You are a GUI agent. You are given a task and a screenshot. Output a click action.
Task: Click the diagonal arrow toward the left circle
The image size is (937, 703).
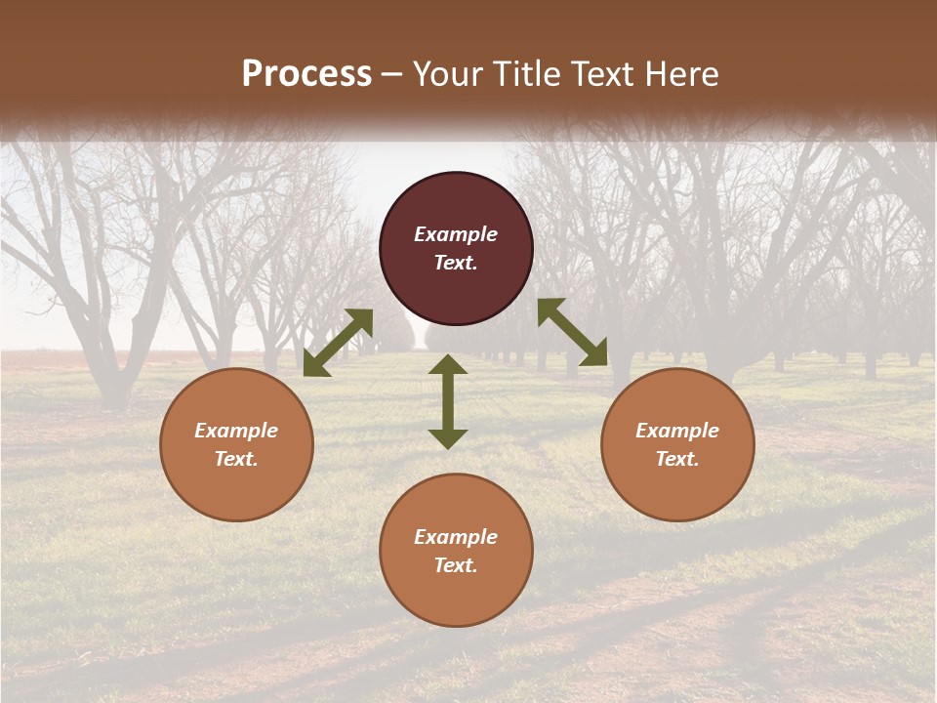[x=338, y=343]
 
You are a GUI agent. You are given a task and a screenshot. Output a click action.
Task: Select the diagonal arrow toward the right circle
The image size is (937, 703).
[x=573, y=332]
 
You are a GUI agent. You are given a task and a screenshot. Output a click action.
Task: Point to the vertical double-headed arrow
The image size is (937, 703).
[x=448, y=401]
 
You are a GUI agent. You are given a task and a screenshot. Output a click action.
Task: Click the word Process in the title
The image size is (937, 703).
[x=306, y=73]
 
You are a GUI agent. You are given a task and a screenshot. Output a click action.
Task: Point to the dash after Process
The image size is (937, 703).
[x=391, y=74]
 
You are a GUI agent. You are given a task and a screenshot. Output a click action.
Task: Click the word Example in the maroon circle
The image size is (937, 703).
[x=456, y=234]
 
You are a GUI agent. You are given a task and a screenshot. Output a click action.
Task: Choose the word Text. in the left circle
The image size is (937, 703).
[x=236, y=459]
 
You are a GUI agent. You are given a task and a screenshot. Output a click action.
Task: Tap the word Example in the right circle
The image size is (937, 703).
[x=677, y=431]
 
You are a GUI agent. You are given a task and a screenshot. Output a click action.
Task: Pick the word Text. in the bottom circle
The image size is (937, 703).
[x=456, y=565]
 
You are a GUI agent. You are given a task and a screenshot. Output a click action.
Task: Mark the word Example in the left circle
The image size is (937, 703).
[x=236, y=431]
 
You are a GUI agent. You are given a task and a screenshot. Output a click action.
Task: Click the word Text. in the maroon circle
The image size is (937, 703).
[x=456, y=263]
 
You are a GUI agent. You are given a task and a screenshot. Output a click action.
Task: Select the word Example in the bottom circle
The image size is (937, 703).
[x=456, y=537]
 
